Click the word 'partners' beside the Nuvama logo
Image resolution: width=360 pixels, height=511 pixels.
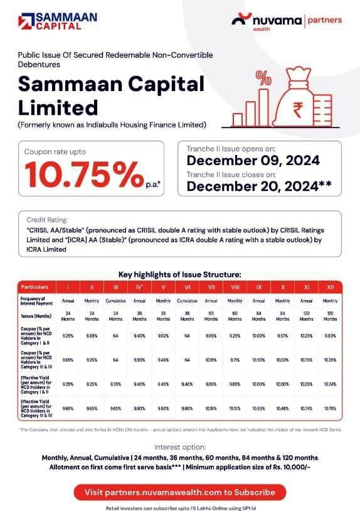click(324, 20)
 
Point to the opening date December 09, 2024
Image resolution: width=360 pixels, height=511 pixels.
click(253, 161)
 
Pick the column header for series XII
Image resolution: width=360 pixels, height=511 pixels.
click(330, 287)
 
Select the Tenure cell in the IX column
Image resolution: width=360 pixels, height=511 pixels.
click(258, 316)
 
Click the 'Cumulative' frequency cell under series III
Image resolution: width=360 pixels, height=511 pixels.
click(116, 301)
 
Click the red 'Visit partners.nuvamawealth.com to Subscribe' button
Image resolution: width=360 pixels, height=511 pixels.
click(180, 492)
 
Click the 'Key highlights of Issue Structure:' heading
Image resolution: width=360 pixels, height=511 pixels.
click(180, 274)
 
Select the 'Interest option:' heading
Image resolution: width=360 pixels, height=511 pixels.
click(180, 447)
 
